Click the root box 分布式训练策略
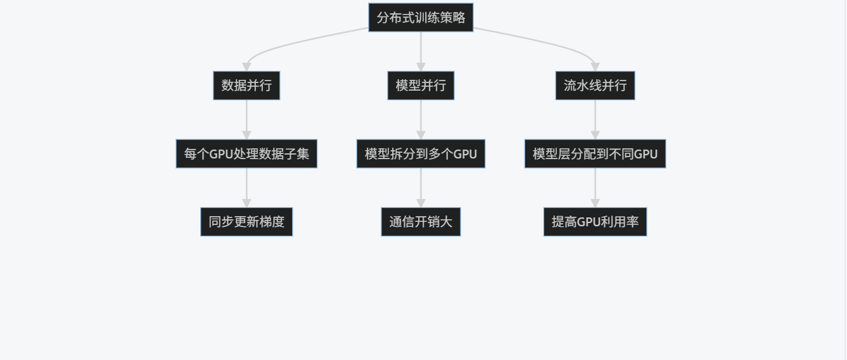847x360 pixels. [421, 17]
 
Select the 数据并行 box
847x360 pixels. [246, 85]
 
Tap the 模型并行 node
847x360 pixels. [421, 85]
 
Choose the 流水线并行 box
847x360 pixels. [595, 85]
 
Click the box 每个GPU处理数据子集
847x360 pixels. [246, 153]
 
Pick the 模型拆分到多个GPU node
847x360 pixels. [421, 153]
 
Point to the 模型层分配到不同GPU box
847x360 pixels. [595, 153]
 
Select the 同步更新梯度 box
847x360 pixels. [246, 222]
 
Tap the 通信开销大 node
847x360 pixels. [421, 222]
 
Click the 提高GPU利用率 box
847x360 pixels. [595, 222]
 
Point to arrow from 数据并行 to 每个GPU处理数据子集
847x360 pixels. [246, 119]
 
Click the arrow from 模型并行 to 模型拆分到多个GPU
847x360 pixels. [421, 119]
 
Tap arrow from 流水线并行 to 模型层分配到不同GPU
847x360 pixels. [595, 119]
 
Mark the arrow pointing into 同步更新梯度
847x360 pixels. [246, 188]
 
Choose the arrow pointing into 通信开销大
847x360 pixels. [421, 188]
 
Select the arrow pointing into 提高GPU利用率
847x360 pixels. [595, 188]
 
